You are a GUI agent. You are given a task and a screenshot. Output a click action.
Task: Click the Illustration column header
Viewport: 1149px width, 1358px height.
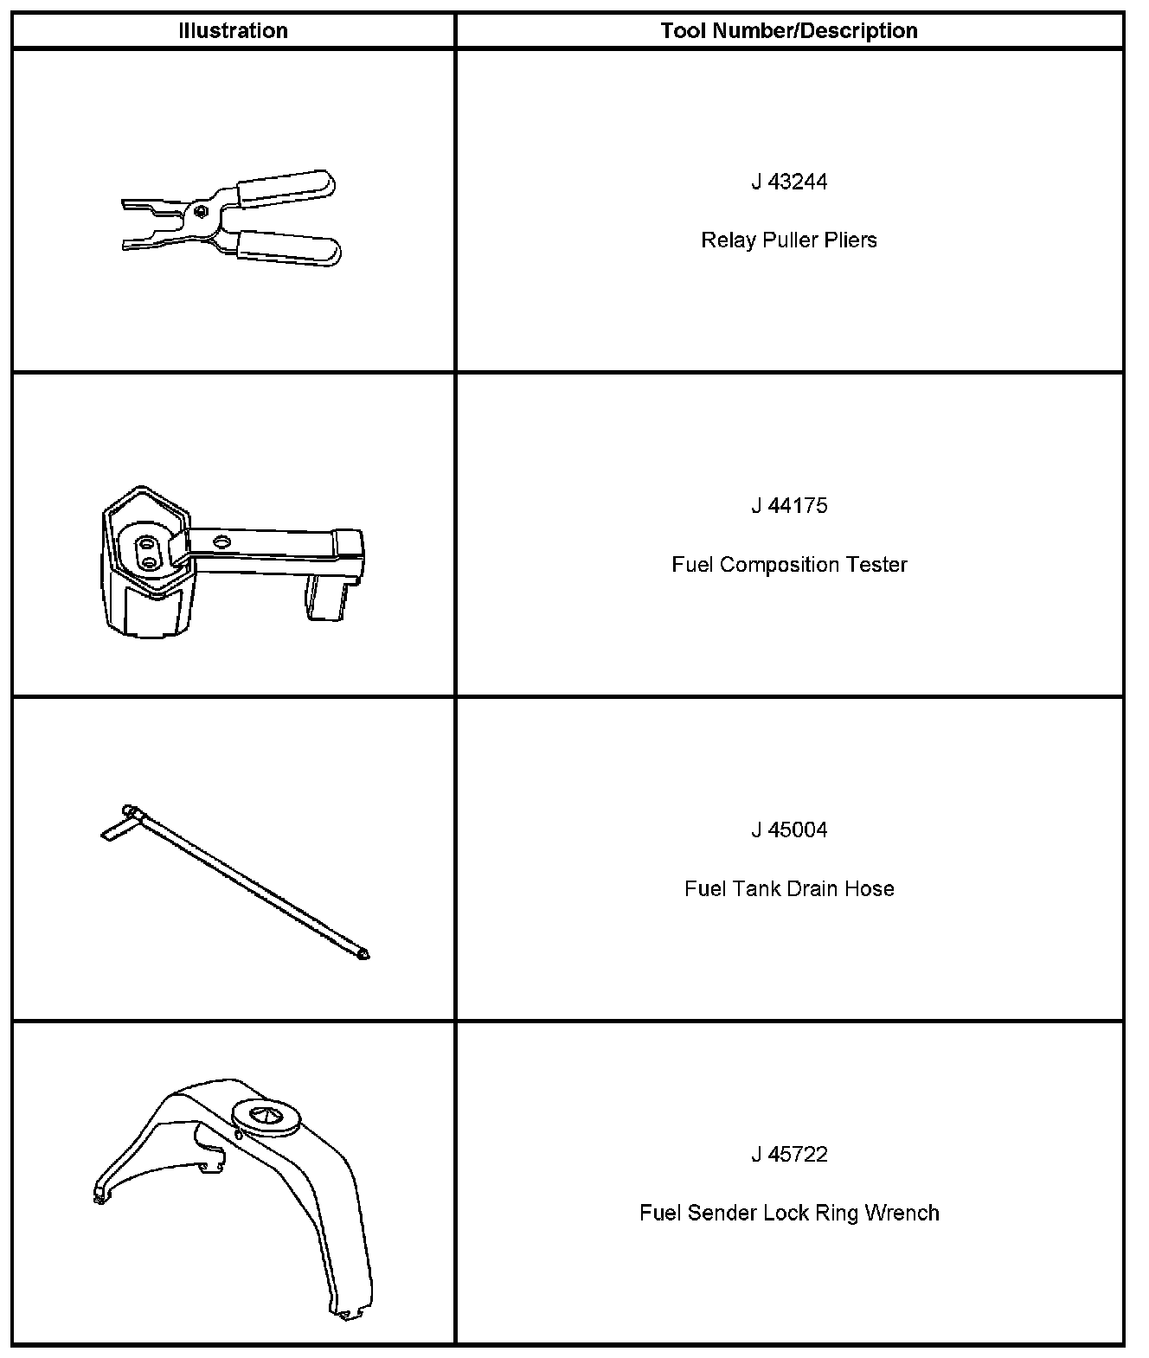233,31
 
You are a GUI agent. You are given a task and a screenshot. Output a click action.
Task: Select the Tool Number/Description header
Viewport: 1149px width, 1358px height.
788,31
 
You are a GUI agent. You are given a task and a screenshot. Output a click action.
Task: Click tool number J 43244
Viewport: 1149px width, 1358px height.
788,182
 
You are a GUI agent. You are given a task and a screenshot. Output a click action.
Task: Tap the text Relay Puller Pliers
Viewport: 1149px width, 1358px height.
788,240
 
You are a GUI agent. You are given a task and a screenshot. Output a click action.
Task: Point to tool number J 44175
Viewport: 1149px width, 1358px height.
788,506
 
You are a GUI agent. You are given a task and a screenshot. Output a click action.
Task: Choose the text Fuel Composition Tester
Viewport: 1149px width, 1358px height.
788,565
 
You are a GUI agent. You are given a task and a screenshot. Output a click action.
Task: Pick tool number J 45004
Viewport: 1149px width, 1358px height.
788,830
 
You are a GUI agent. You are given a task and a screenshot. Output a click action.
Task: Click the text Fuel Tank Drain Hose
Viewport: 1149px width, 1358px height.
788,888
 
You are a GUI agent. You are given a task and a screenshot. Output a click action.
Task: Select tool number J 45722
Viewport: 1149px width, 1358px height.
788,1155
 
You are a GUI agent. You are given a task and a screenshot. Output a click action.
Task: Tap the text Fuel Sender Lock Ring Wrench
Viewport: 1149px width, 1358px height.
788,1213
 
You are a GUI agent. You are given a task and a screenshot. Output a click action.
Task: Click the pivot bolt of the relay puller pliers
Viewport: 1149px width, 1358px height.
200,210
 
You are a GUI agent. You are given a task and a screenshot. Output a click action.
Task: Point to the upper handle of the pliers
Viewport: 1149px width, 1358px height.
286,188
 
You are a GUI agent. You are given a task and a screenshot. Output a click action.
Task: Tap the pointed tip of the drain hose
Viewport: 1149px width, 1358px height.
363,955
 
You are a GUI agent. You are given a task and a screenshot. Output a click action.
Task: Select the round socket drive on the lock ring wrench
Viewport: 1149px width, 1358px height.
266,1117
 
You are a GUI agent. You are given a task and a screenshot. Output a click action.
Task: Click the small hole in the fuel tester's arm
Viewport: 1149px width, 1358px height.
222,542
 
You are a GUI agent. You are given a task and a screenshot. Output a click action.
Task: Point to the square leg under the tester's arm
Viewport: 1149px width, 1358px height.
326,599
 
